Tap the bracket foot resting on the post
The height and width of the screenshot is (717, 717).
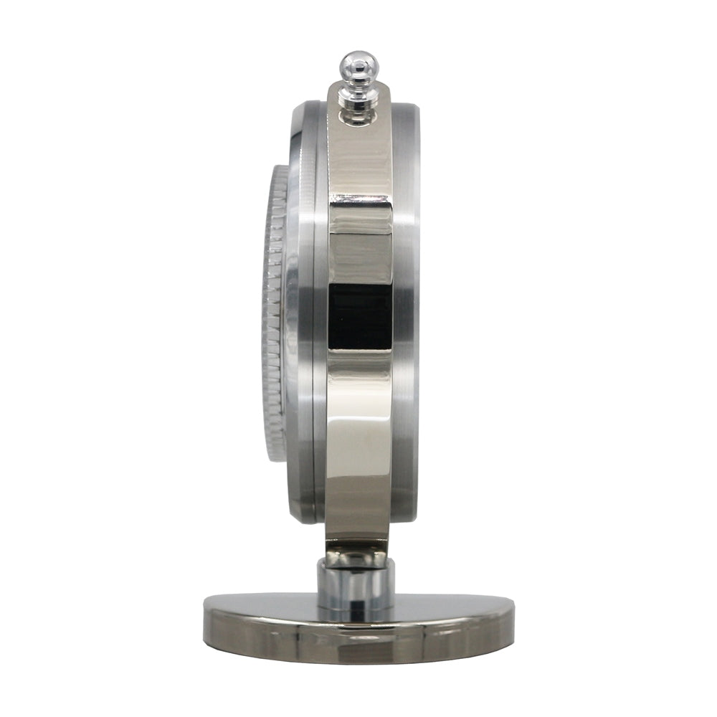(356, 552)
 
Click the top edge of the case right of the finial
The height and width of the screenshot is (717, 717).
(405, 108)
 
